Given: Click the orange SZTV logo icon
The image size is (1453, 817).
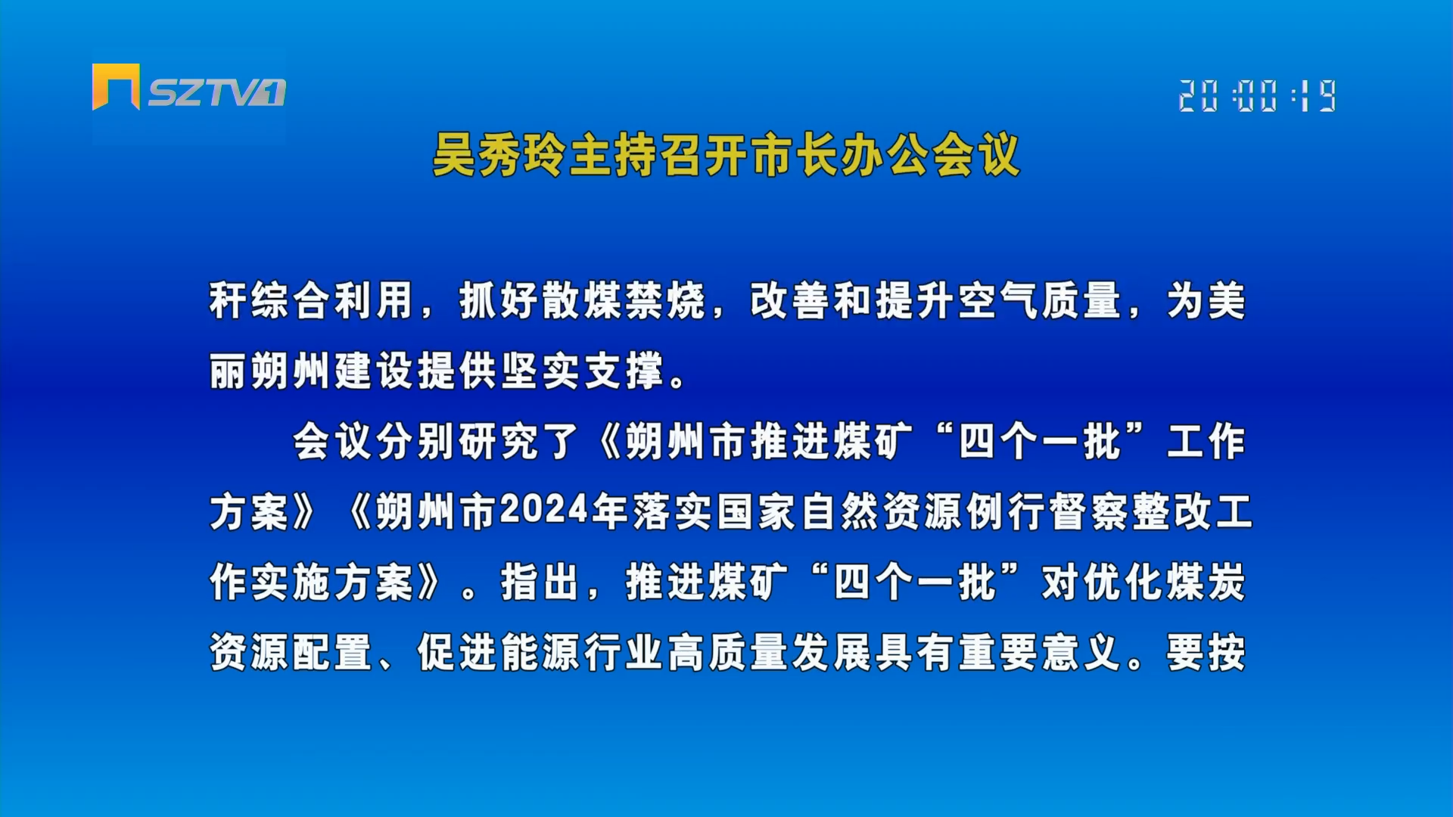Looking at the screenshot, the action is pos(116,86).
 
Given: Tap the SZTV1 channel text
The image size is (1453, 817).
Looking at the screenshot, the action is pos(216,93).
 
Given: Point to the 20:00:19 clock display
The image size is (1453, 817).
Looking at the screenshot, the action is pos(1258,96).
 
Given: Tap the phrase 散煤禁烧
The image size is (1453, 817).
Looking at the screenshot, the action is pos(582,300).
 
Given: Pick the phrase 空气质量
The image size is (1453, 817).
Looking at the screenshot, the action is pos(1040,300).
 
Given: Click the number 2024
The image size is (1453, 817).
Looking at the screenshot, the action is pos(544,511).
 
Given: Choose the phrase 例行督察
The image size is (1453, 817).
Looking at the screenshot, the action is pos(1047,511).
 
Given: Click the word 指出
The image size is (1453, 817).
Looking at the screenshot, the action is pos(540,582).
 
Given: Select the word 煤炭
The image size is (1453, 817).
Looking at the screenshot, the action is pos(1206,582).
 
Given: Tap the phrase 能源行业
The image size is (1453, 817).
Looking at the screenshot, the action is pos(582,652).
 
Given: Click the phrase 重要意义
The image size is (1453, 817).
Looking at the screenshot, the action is pos(1040,652).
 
